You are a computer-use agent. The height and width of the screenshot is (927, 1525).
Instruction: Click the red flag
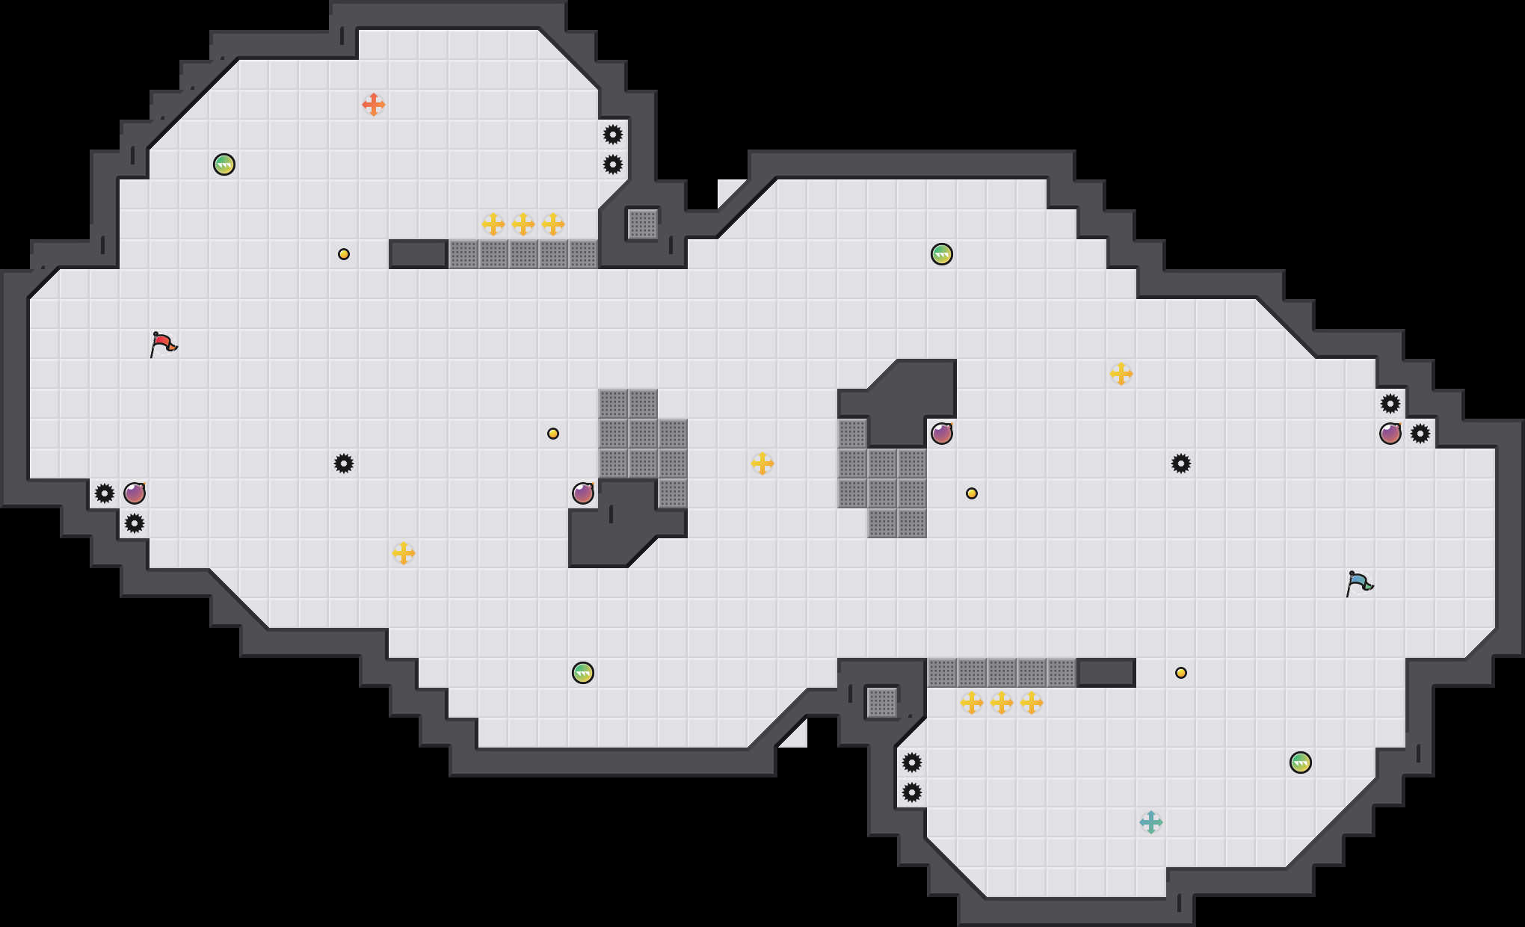[x=163, y=344]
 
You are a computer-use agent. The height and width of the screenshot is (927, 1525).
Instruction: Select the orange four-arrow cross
[x=373, y=105]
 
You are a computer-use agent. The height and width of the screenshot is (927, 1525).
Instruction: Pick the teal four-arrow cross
[x=1150, y=822]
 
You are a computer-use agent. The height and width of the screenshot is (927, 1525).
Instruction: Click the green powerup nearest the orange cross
[x=224, y=164]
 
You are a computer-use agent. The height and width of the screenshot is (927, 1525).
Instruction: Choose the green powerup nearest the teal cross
[x=1301, y=763]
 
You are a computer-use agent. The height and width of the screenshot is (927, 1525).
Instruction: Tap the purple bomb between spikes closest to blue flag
[x=1390, y=434]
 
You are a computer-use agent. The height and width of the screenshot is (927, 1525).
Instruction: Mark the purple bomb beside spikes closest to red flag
[x=135, y=493]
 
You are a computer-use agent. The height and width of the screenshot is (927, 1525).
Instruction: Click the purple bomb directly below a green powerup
[x=942, y=434]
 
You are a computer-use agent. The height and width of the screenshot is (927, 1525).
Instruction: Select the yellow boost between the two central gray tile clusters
[x=762, y=463]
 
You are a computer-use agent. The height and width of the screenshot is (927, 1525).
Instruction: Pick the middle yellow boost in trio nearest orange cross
[x=523, y=224]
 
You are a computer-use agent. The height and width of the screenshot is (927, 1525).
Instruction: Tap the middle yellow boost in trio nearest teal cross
[x=1002, y=703]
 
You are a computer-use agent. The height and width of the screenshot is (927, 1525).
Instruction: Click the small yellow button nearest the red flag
[x=344, y=254]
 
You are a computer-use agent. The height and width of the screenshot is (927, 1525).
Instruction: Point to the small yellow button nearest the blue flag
[x=1181, y=673]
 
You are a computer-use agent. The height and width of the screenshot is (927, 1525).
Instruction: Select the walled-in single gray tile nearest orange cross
[x=643, y=224]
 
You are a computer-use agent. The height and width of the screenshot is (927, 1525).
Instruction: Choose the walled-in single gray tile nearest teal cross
[x=882, y=703]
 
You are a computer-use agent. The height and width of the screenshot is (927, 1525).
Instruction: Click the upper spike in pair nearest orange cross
[x=613, y=135]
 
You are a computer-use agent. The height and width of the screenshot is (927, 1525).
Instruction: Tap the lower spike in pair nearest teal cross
[x=912, y=792]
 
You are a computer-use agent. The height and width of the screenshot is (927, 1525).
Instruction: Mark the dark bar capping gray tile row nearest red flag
[x=419, y=254]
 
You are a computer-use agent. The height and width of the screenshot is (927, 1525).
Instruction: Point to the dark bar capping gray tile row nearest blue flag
[x=1106, y=673]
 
